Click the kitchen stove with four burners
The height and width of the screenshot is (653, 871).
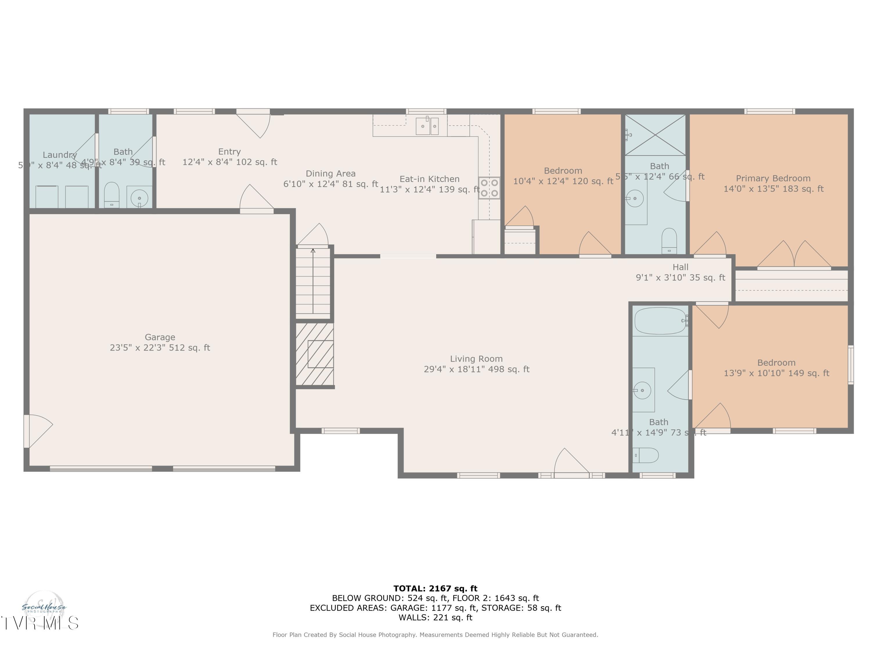click(x=489, y=188)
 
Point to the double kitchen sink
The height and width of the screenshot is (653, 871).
click(x=427, y=126)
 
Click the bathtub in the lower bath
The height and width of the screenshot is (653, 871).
click(x=660, y=321)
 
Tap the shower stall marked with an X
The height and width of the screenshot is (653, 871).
click(x=655, y=135)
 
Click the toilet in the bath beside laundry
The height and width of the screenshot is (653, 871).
click(x=112, y=194)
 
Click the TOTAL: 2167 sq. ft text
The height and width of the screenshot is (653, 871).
click(x=435, y=589)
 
